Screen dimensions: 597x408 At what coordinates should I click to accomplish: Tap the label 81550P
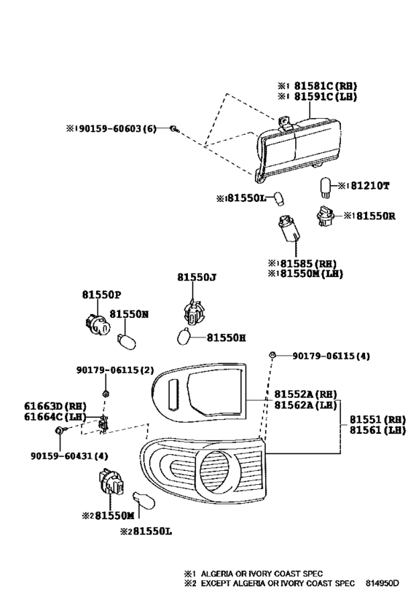(101, 294)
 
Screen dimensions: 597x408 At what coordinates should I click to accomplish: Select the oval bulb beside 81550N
(125, 340)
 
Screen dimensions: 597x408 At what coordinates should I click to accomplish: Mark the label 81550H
(226, 337)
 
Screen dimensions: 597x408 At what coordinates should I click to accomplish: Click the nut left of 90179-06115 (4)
(272, 356)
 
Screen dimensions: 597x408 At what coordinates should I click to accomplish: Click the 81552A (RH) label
(307, 394)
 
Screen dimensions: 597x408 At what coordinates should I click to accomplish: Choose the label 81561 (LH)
(376, 430)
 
